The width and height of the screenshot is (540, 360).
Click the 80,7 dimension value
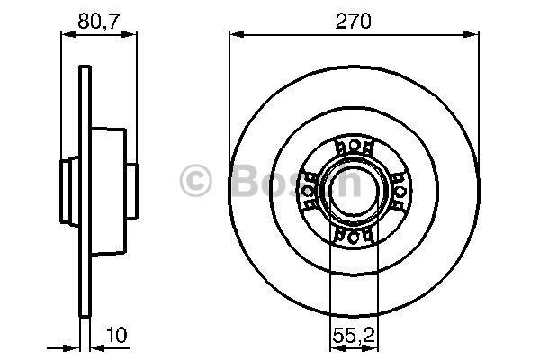tap(98, 21)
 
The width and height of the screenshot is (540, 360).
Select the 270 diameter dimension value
tap(354, 21)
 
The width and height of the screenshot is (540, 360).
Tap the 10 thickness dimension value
tap(117, 335)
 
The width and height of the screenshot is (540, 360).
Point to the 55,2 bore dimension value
tap(354, 335)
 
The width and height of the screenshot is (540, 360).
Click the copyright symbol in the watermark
tap(195, 181)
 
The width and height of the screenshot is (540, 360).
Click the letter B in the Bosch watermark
tap(247, 180)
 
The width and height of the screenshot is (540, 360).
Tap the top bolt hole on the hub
tap(354, 146)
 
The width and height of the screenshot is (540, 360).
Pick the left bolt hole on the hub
tap(308, 191)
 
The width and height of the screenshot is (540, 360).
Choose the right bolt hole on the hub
tap(400, 192)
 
